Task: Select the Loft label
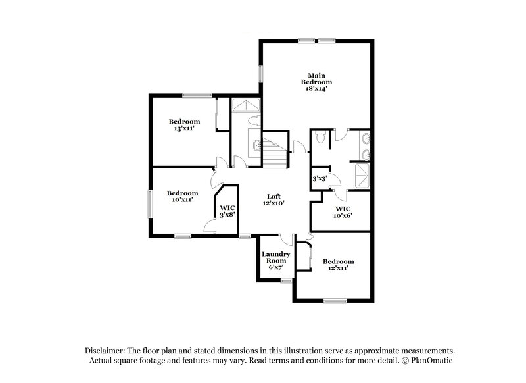tap(274, 196)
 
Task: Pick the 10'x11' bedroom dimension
tap(183, 200)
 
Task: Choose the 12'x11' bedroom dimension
tap(338, 268)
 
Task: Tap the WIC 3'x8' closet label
tap(227, 211)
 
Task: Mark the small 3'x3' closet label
tap(319, 179)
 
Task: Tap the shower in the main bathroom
tap(362, 175)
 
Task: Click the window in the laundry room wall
tap(285, 281)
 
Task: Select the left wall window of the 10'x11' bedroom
tap(149, 204)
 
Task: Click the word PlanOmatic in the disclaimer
tap(430, 361)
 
